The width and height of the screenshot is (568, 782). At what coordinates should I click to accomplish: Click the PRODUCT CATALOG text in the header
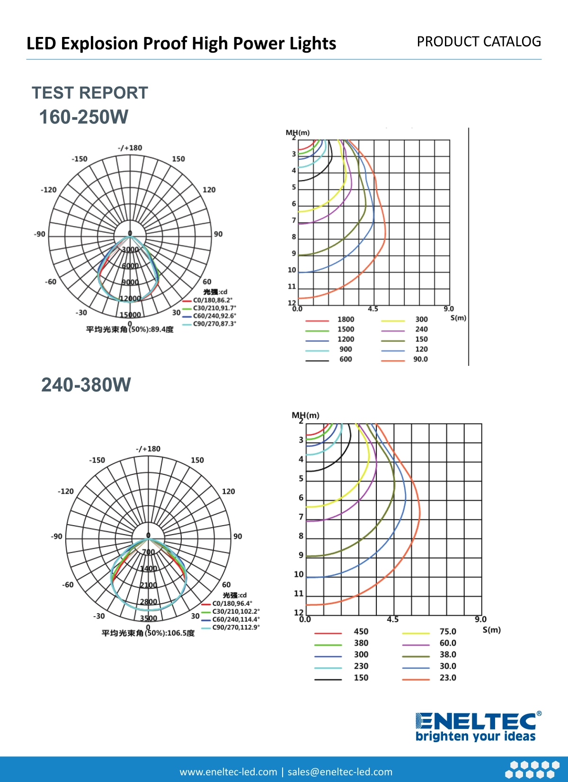tap(479, 42)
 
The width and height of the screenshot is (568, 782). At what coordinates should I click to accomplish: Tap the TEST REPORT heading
tap(90, 93)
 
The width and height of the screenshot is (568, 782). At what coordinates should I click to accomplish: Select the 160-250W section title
tap(84, 117)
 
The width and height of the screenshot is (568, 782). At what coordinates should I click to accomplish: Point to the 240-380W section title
tap(86, 385)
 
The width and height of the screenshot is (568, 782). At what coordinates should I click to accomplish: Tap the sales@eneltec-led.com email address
tap(340, 772)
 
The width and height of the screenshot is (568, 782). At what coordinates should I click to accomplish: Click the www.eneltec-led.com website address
tap(228, 772)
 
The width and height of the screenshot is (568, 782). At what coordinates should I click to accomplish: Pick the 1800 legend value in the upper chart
tap(346, 319)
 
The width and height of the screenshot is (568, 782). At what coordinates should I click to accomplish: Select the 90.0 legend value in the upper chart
tap(420, 359)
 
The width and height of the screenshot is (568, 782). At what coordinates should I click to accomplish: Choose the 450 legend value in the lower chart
tap(361, 631)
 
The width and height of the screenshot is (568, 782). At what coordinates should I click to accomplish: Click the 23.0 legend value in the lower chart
tap(448, 678)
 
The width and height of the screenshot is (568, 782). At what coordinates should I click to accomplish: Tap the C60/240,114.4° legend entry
tap(236, 619)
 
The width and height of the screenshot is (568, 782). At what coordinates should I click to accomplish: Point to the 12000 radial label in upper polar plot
tap(130, 299)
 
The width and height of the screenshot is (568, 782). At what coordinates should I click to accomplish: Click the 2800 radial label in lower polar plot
tap(149, 602)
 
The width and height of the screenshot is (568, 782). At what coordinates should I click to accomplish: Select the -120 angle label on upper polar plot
tap(49, 190)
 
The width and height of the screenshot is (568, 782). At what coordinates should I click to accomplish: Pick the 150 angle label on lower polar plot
tap(197, 460)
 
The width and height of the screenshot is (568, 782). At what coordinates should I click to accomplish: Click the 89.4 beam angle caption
tap(130, 329)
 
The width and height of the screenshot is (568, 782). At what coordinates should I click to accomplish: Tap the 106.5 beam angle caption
tap(148, 633)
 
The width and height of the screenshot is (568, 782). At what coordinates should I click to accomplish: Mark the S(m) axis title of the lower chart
tap(492, 630)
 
